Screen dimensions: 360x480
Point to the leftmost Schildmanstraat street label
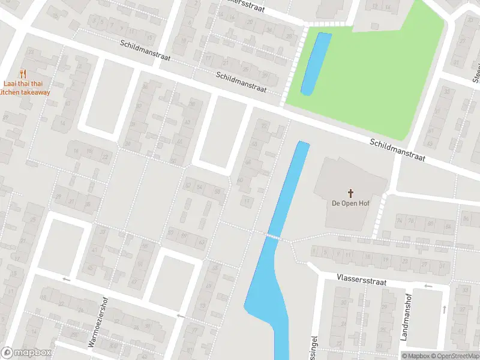click(145, 52)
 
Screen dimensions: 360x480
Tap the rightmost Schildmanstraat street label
click(397, 150)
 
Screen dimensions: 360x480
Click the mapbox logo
click(26, 353)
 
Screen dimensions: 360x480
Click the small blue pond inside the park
click(316, 64)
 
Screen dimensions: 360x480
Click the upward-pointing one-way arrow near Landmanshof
click(444, 308)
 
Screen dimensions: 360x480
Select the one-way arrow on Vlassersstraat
click(428, 286)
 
